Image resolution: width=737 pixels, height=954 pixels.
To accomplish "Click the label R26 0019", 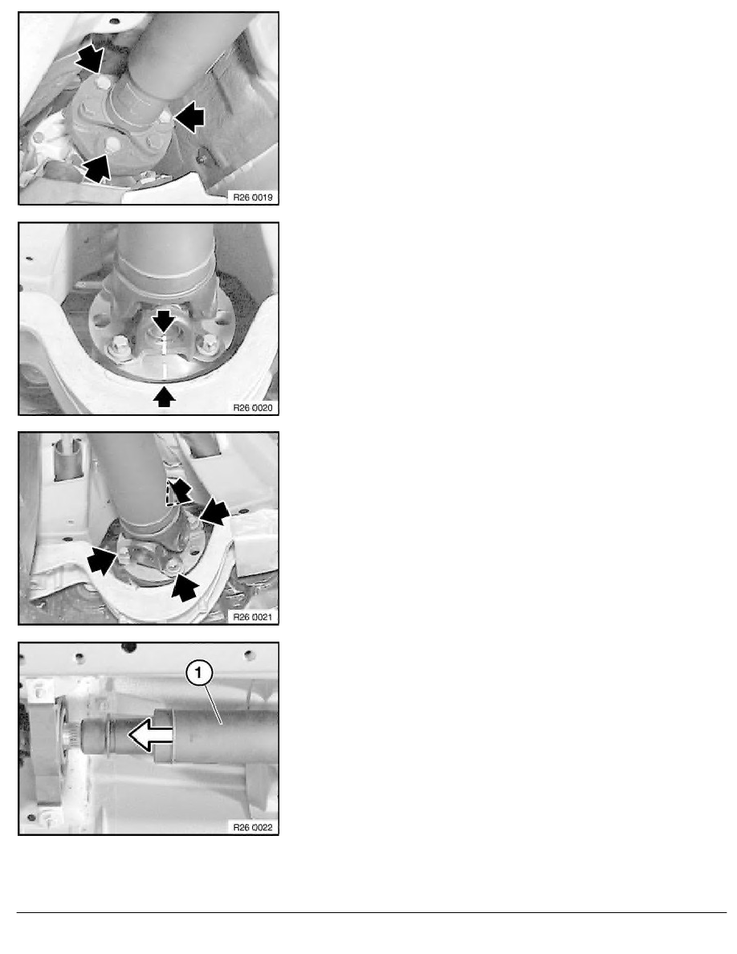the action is [x=253, y=197].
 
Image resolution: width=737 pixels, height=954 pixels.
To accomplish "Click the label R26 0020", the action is [x=253, y=408].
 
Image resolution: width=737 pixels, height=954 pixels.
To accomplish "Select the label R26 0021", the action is [x=253, y=617].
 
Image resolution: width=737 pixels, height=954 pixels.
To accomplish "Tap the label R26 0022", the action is [x=253, y=827].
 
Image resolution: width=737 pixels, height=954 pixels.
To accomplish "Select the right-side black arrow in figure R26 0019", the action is [x=189, y=116].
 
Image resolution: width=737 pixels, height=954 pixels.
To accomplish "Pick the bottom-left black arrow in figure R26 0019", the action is [x=96, y=167].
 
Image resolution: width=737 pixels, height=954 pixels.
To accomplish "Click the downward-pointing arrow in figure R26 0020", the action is [x=164, y=320].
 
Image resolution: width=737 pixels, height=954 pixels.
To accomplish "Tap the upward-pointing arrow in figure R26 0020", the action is [x=165, y=397].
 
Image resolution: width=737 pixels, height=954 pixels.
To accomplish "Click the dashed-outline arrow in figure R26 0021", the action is [x=177, y=491].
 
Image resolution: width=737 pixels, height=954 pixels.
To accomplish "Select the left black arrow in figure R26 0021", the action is [x=102, y=560].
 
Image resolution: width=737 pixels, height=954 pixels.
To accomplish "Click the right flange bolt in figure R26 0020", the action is [x=207, y=344].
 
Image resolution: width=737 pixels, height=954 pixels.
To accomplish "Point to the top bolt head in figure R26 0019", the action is [x=104, y=82].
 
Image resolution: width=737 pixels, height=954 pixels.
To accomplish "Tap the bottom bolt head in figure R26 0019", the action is [x=112, y=145].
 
